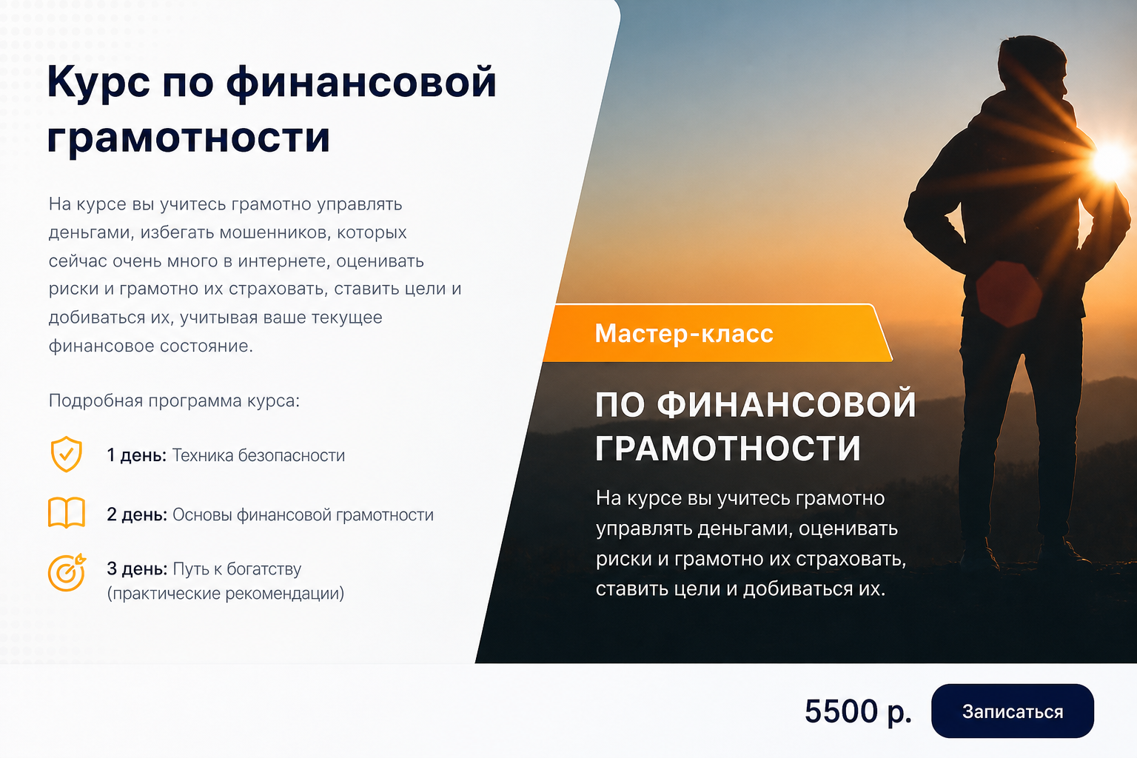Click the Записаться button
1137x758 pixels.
(1012, 711)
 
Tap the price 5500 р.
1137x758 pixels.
(858, 711)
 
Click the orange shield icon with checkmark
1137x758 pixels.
(66, 454)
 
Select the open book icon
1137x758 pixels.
(67, 512)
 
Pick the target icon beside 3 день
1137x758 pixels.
(67, 572)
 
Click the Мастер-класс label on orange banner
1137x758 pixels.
(684, 334)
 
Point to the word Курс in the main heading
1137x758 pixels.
(98, 83)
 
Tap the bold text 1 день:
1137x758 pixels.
(136, 455)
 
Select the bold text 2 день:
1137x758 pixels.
(136, 514)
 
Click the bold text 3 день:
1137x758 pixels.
(136, 568)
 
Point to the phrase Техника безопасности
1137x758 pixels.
(258, 455)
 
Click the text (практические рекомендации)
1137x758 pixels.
(225, 593)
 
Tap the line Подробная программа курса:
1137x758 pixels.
(174, 400)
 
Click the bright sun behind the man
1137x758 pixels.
(1112, 161)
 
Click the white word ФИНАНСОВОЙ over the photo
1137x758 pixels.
(786, 405)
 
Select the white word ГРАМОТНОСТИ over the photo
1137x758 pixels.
(728, 449)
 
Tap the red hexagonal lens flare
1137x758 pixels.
(1009, 293)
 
